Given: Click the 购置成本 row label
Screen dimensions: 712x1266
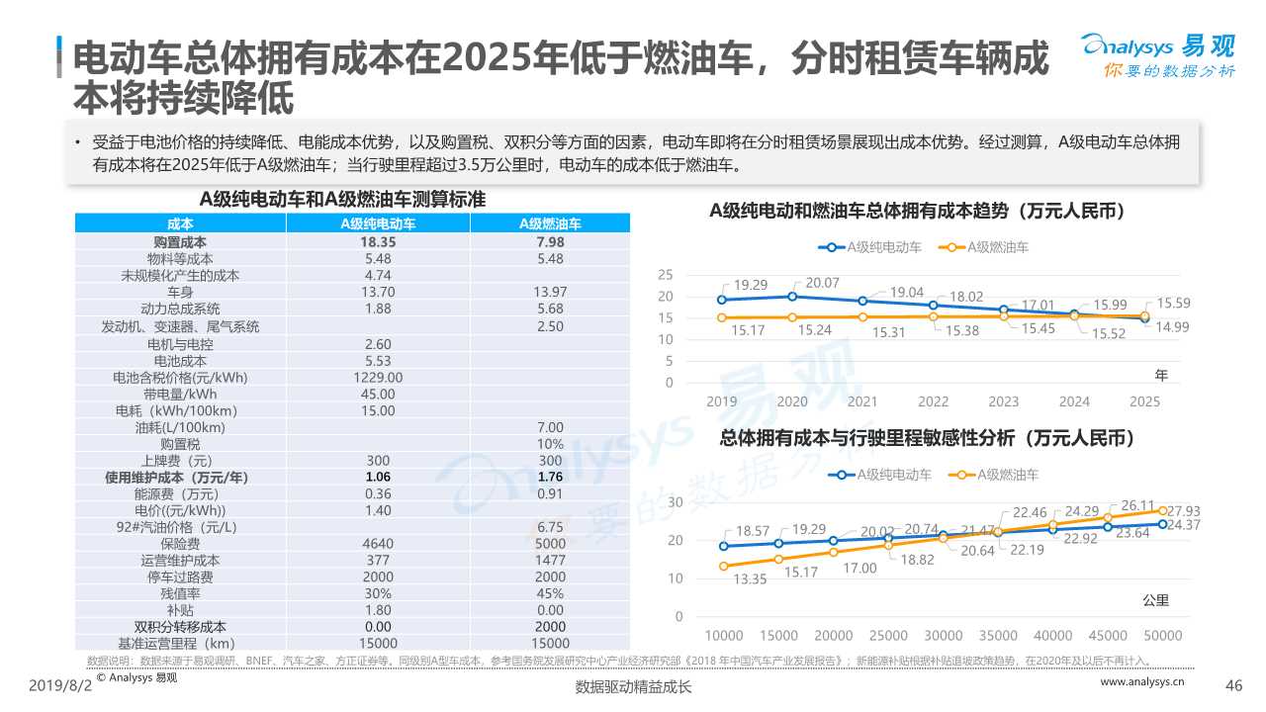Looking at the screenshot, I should (180, 241).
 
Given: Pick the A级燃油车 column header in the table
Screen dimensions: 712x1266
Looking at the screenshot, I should (549, 224).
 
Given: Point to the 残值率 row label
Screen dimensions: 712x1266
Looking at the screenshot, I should (180, 592).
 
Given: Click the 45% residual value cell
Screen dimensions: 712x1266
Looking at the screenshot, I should (549, 592).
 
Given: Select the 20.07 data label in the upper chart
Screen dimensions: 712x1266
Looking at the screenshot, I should (822, 283).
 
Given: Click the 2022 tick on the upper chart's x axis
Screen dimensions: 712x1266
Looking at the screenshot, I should (933, 401).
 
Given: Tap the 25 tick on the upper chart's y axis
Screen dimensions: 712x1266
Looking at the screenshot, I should (666, 275).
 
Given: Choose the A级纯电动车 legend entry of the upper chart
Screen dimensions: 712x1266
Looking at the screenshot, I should (870, 247).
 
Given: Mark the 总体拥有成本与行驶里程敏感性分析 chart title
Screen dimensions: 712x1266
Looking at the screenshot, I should (927, 438).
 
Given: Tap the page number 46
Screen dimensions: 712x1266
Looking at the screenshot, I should (1232, 686).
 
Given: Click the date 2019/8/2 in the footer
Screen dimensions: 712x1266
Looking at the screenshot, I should (59, 686).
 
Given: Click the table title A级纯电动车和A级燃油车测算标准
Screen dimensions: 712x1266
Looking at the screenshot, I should (342, 199).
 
